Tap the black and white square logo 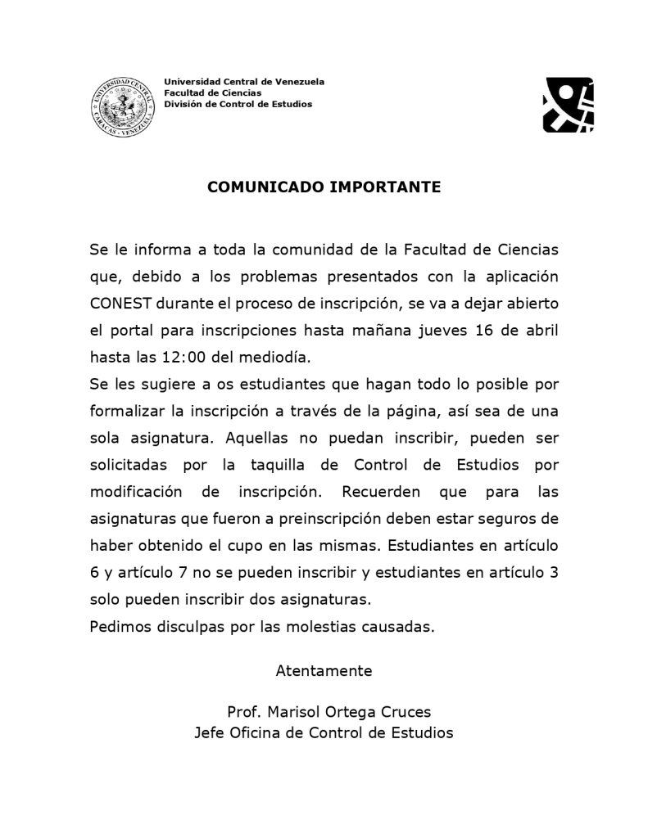pos(568,105)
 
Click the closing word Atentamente pos(324,671)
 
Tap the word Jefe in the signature pos(209,732)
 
